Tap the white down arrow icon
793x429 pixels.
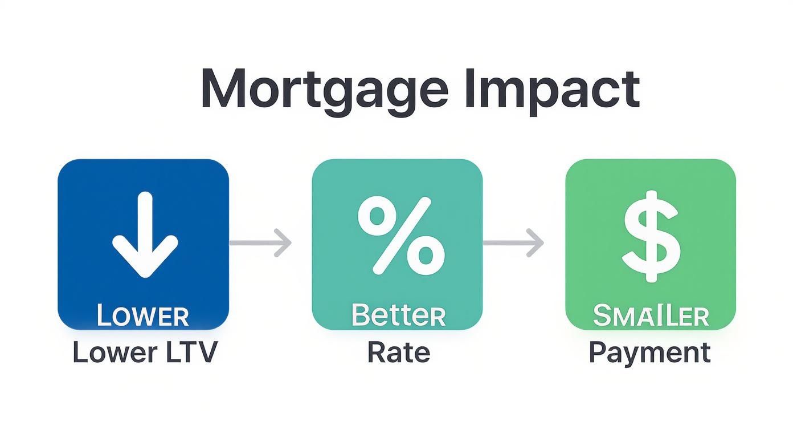pos(145,234)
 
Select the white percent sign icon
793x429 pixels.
pos(400,234)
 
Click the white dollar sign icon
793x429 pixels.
pos(651,236)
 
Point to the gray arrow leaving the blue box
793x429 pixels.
pos(260,242)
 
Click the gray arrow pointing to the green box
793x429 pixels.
pos(513,242)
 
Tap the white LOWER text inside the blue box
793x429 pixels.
pos(142,315)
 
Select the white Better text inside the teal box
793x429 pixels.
pos(398,315)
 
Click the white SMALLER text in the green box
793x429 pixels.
pos(651,315)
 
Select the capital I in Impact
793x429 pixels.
pos(469,90)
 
